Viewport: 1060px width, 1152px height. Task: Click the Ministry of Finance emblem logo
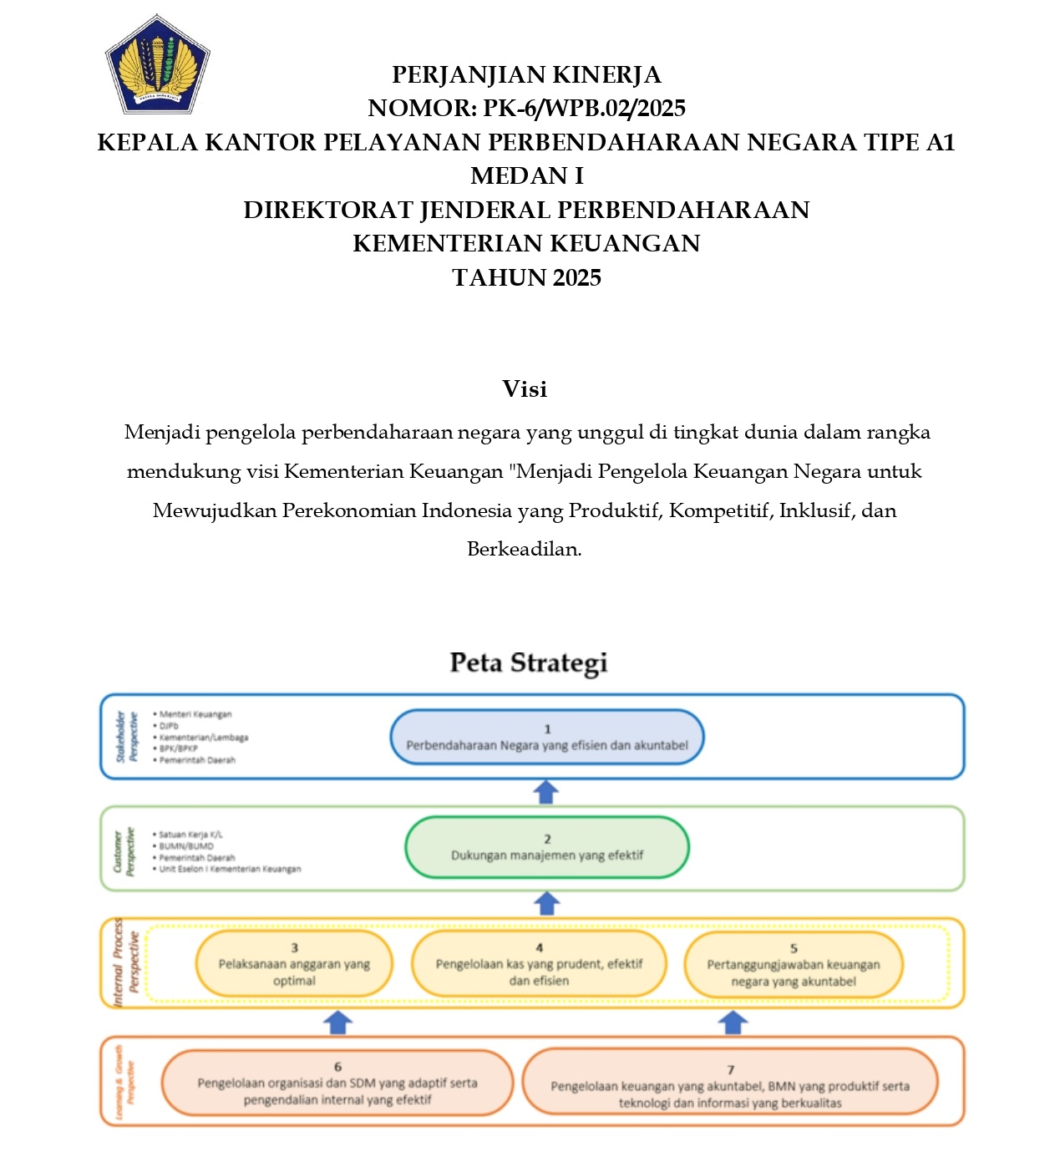click(157, 64)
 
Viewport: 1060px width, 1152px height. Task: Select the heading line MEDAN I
click(526, 176)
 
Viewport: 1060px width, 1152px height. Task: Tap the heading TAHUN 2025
click(526, 277)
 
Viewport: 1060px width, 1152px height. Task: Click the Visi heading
click(525, 389)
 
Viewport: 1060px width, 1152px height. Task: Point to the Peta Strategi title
click(528, 662)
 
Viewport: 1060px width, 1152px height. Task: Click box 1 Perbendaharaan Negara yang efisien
click(547, 737)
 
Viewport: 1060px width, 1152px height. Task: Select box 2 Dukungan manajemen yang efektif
click(547, 847)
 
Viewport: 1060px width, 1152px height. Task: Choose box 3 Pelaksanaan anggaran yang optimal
click(294, 964)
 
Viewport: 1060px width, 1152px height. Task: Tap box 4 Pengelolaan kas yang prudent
click(539, 964)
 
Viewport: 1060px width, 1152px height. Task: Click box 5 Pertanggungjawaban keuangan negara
click(793, 965)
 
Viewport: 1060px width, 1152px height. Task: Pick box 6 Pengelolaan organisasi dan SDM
click(337, 1083)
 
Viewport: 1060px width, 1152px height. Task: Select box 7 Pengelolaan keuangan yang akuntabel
click(730, 1085)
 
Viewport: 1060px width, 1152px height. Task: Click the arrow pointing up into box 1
click(545, 792)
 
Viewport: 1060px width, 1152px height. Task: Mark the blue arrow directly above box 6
click(337, 1022)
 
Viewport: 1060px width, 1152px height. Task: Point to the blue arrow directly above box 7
click(733, 1022)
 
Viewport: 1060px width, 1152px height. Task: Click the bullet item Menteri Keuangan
click(195, 714)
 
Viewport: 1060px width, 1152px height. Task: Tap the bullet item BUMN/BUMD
click(186, 845)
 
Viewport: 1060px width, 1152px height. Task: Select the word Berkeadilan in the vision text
click(523, 550)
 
